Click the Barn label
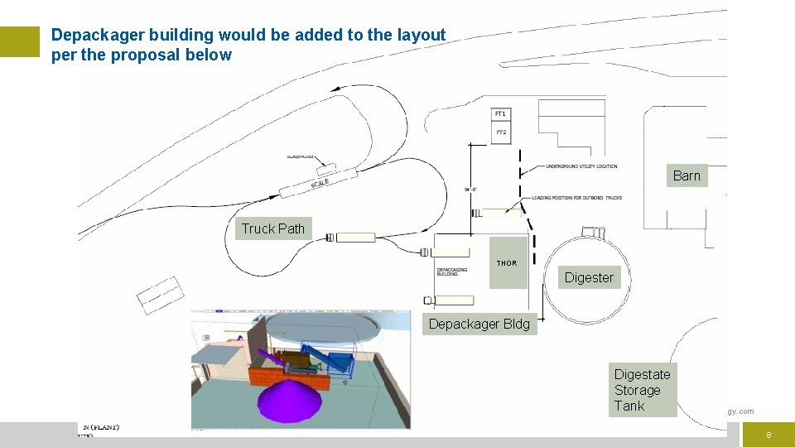687,175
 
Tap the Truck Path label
272,229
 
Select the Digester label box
589,277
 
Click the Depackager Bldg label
479,324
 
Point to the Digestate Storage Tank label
642,390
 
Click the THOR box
507,263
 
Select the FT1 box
500,113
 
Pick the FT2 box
500,132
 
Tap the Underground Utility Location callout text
581,166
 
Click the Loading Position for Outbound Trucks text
576,198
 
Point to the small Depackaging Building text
448,272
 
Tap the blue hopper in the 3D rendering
340,361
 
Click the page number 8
768,435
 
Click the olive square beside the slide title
20,41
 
